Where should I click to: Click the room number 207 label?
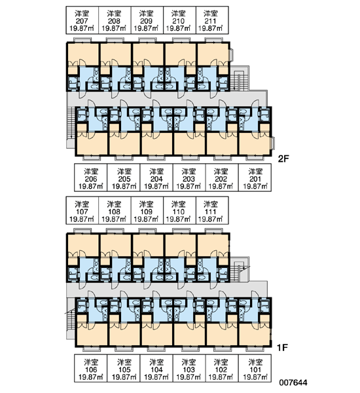coord(82,21)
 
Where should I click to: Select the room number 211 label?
coord(211,21)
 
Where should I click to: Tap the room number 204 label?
coord(156,179)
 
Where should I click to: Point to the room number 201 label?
coord(255,179)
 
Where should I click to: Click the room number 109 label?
coord(147,212)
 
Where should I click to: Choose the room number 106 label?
coord(91,369)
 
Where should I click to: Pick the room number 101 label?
coord(255,369)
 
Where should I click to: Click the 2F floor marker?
coord(283,159)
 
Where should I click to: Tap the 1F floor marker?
coord(282,348)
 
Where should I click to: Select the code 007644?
coord(293,383)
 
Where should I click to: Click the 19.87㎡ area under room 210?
coord(178,28)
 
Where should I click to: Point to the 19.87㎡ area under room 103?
coord(189,377)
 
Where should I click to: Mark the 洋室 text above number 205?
coord(124,172)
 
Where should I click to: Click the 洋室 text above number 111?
coord(211,204)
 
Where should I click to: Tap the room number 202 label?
coord(221,179)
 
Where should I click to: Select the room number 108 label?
coord(114,212)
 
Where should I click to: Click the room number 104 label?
coord(156,369)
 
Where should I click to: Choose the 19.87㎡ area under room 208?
coord(114,28)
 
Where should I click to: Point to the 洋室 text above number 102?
coord(221,362)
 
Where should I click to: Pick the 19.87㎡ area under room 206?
coord(91,186)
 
